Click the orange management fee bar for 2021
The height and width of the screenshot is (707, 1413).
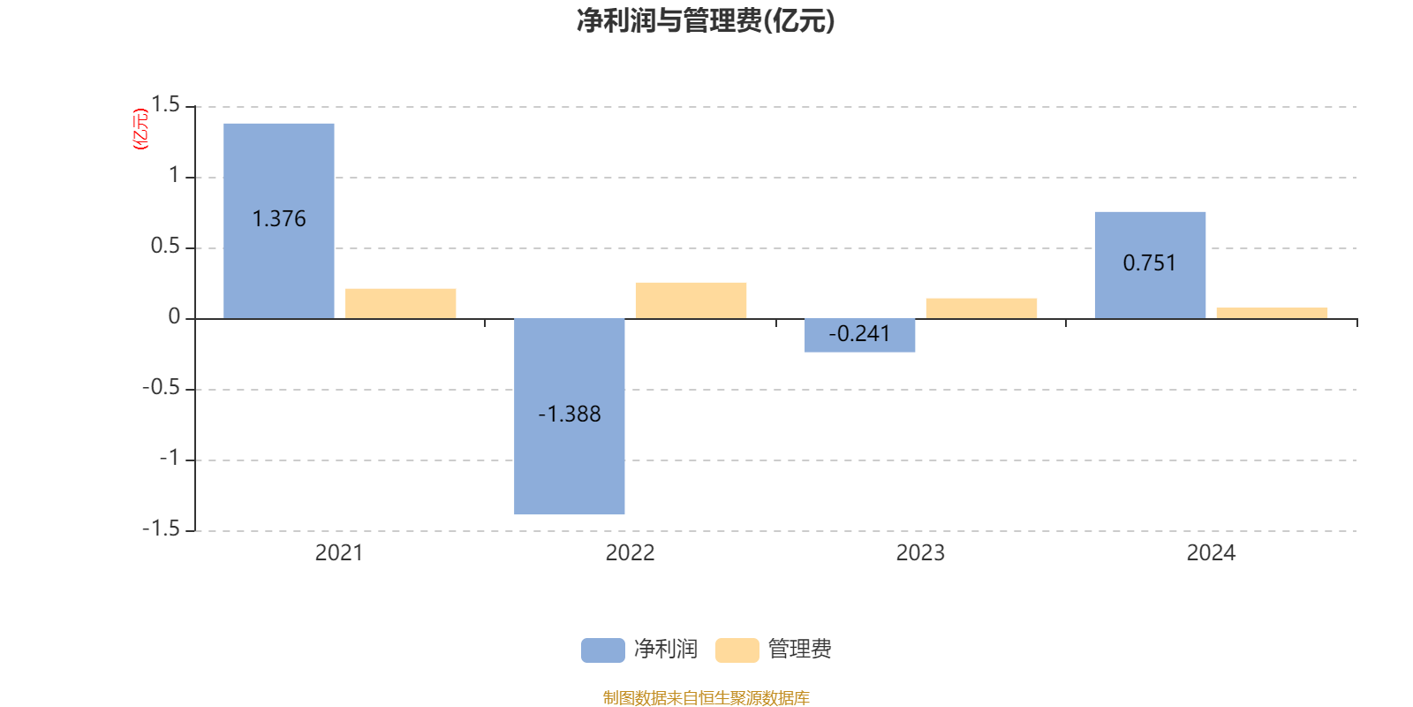pyautogui.click(x=401, y=303)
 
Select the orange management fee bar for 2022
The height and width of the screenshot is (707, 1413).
pyautogui.click(x=691, y=300)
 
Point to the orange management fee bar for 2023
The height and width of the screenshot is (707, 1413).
pyautogui.click(x=981, y=308)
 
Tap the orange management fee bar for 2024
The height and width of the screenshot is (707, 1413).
pyautogui.click(x=1272, y=313)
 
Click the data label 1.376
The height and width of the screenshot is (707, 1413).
pyautogui.click(x=279, y=218)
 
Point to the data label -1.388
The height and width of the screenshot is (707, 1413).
pyautogui.click(x=570, y=414)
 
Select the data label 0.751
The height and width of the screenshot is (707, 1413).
pyautogui.click(x=1150, y=262)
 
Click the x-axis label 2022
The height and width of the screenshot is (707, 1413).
pyautogui.click(x=630, y=553)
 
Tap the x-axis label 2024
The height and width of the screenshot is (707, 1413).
pyautogui.click(x=1211, y=553)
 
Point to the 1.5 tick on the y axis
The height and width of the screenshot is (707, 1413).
pyautogui.click(x=165, y=105)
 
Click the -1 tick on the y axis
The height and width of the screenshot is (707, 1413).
pyautogui.click(x=169, y=458)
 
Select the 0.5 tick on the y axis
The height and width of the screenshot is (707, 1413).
pyautogui.click(x=165, y=247)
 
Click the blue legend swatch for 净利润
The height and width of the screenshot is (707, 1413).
pyautogui.click(x=602, y=650)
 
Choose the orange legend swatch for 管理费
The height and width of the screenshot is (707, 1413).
pyautogui.click(x=737, y=650)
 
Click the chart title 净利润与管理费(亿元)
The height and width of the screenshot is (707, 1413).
pyautogui.click(x=706, y=20)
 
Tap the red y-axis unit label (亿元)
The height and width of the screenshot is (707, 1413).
pyautogui.click(x=140, y=129)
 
